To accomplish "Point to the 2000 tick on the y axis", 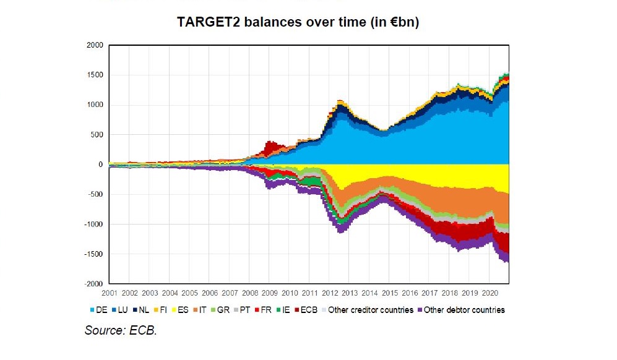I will [95, 45].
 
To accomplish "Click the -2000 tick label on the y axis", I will [93, 284].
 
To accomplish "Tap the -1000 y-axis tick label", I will [93, 225].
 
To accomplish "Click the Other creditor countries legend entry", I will [370, 310].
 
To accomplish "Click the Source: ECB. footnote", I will [121, 331].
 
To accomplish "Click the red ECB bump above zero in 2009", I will [270, 147].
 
